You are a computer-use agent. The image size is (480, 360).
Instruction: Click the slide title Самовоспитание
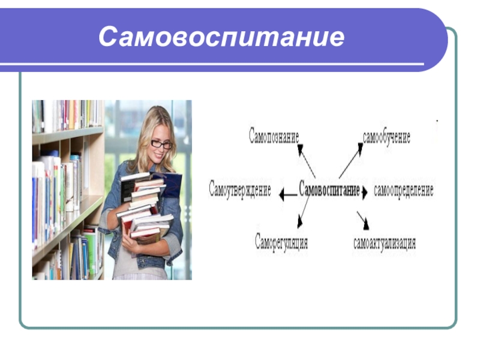(x=221, y=37)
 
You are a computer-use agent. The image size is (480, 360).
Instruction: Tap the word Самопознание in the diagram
(x=274, y=136)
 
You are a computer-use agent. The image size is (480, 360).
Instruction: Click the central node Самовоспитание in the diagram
(x=329, y=190)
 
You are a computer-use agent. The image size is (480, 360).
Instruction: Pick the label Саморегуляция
(x=281, y=242)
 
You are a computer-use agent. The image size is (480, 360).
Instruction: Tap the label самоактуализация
(x=385, y=244)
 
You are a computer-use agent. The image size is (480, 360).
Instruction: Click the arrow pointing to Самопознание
(x=307, y=161)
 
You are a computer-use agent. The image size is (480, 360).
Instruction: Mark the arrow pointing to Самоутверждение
(x=288, y=194)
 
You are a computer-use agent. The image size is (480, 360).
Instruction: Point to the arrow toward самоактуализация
(x=363, y=220)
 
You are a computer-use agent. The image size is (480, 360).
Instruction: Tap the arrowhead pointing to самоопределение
(x=364, y=192)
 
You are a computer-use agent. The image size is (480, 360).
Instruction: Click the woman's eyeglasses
(x=162, y=143)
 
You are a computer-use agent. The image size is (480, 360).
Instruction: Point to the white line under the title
(x=212, y=64)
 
